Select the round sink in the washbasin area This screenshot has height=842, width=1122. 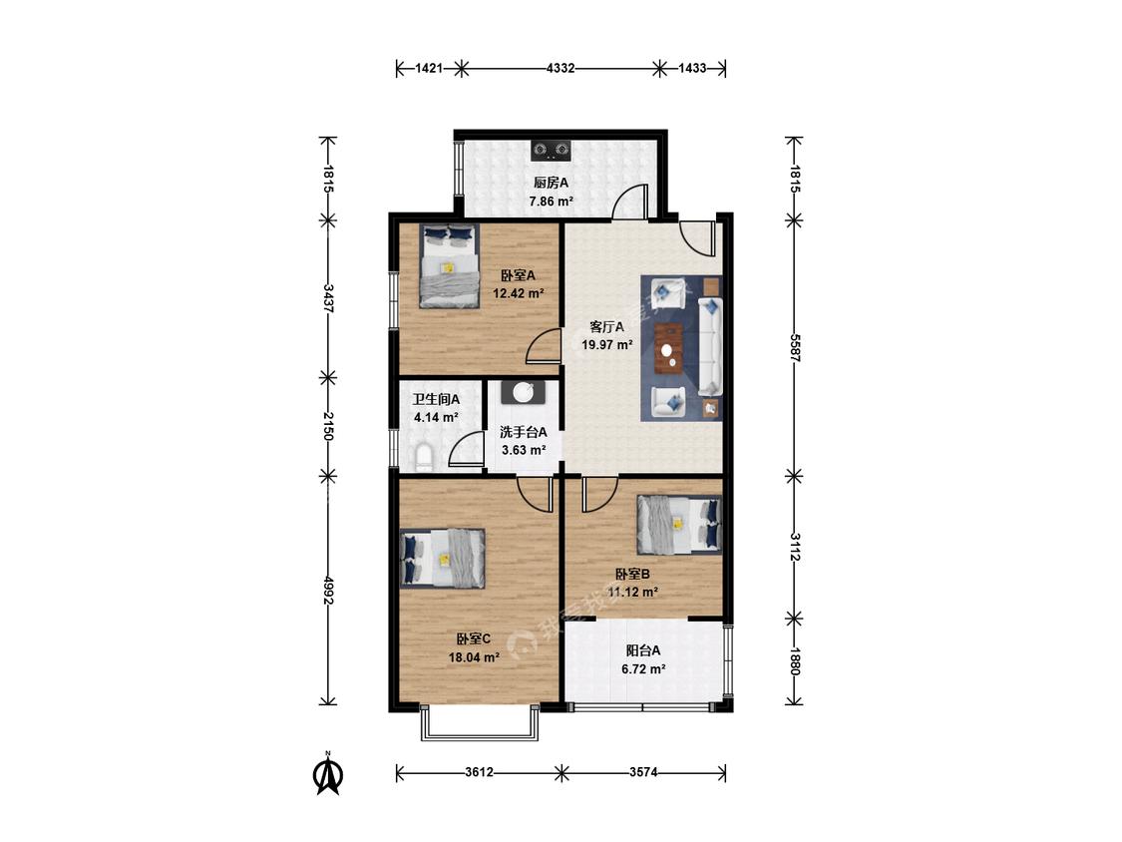[x=523, y=392]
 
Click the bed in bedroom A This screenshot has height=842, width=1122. [x=450, y=265]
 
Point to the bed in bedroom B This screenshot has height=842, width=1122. [x=679, y=525]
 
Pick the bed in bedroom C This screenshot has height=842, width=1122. [x=442, y=559]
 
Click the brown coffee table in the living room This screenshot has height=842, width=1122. [x=669, y=349]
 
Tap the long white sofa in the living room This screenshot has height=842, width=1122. [x=709, y=346]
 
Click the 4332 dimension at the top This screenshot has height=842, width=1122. [x=561, y=69]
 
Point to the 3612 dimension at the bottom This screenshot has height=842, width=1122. [x=479, y=772]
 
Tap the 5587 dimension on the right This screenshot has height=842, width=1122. [x=794, y=346]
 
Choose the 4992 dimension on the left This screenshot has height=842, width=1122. [x=328, y=590]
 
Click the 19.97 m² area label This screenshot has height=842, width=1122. [x=606, y=345]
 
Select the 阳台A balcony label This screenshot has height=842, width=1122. [x=643, y=650]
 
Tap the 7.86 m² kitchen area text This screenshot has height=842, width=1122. [x=551, y=202]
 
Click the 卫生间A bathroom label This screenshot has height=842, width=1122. [x=436, y=399]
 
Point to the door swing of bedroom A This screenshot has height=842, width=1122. [x=544, y=346]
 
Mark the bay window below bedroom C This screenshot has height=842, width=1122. [x=479, y=722]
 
